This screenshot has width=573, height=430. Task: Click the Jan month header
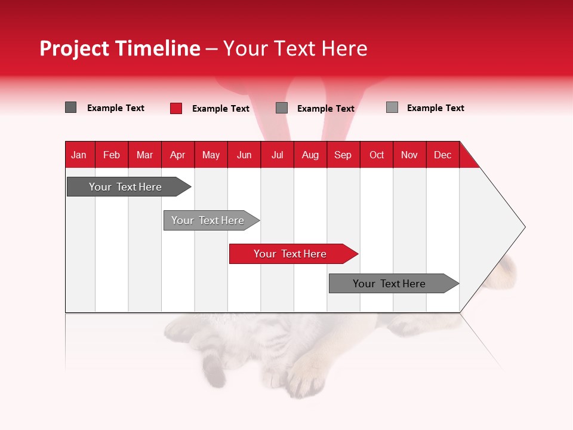[x=79, y=155]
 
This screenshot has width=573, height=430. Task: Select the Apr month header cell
[x=177, y=155]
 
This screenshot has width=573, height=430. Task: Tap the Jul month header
[x=277, y=155]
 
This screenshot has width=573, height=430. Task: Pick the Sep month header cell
[x=343, y=155]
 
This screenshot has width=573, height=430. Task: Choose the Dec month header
[x=442, y=155]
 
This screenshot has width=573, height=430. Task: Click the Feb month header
[x=112, y=155]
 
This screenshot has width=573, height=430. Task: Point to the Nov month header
[x=409, y=155]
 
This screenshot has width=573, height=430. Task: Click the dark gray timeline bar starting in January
[x=125, y=187]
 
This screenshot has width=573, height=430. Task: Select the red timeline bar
[x=290, y=254]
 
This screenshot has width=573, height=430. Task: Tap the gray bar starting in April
[x=208, y=220]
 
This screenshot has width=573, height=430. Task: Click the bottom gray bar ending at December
[x=389, y=284]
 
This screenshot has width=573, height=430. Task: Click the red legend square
[x=176, y=108]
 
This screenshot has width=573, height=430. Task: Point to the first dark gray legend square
[x=70, y=107]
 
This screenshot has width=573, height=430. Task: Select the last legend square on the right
[x=392, y=107]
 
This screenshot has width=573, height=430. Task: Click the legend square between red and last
[x=282, y=108]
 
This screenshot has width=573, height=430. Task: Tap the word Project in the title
[x=74, y=48]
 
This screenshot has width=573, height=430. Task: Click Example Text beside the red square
[x=221, y=109]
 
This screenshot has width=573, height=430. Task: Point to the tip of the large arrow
[x=524, y=227]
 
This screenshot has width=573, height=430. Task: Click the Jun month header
[x=244, y=155]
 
